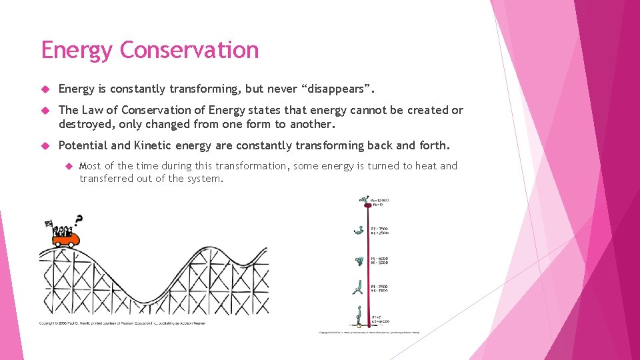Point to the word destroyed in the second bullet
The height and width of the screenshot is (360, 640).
[x=85, y=124]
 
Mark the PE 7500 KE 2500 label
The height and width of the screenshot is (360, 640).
[x=380, y=231]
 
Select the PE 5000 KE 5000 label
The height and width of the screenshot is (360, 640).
[x=380, y=261]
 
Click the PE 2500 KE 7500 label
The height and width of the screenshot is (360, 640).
[x=380, y=289]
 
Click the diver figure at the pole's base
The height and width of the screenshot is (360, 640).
[x=360, y=313]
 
